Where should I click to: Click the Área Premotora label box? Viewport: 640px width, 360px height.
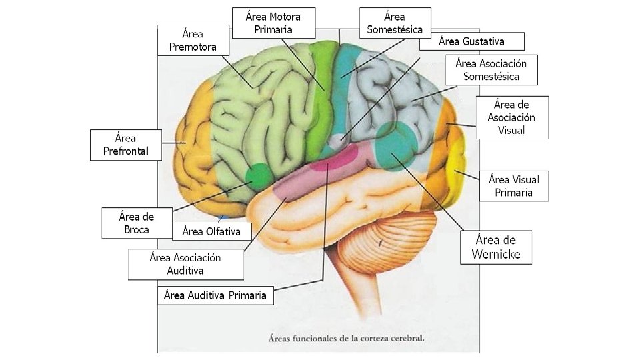193,40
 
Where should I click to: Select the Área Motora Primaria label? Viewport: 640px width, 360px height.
273,23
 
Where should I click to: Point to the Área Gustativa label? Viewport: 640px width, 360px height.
472,41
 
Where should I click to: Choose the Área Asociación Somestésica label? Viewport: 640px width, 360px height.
491,69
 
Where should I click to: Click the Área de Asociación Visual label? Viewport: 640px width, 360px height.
512,117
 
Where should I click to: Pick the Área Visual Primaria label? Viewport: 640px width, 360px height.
513,186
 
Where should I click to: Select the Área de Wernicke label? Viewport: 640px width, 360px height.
497,247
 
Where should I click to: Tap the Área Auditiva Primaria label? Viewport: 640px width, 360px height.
215,295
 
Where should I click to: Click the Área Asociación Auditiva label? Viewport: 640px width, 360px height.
185,264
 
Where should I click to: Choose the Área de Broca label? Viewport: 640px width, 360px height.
136,223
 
